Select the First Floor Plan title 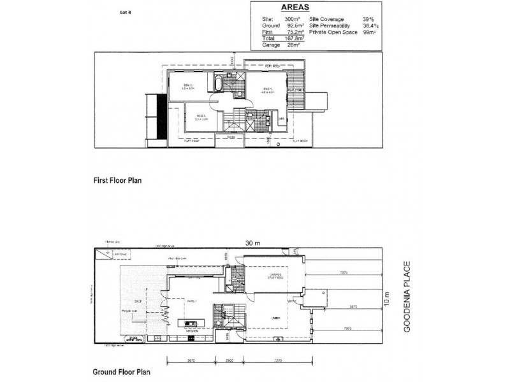(x=117, y=181)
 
